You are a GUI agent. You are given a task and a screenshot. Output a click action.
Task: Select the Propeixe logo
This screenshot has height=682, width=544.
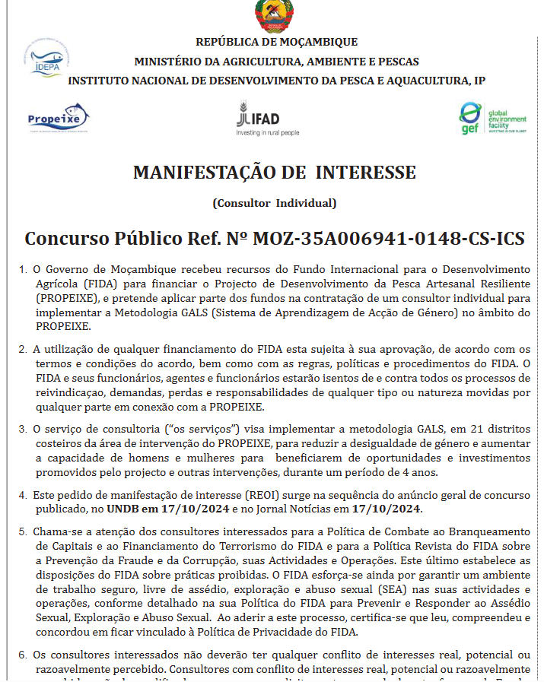(x=58, y=118)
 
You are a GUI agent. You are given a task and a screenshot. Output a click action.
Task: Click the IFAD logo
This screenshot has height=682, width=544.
(x=259, y=119)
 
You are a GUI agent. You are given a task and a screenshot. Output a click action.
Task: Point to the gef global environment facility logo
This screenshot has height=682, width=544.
(x=492, y=119)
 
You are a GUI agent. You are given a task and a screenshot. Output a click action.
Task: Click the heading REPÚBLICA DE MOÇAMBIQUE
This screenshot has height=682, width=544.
(x=276, y=42)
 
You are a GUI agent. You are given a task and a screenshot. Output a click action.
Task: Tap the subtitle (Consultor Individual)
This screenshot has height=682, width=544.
(x=274, y=203)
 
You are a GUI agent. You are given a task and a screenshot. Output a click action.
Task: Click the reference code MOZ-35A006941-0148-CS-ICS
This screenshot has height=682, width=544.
(x=389, y=238)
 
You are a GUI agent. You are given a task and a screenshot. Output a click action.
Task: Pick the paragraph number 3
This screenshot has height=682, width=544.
(x=23, y=430)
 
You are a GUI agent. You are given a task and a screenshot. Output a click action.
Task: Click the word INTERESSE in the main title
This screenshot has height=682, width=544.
(x=366, y=172)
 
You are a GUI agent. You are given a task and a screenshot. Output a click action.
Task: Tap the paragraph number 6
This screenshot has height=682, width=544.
(x=23, y=654)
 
